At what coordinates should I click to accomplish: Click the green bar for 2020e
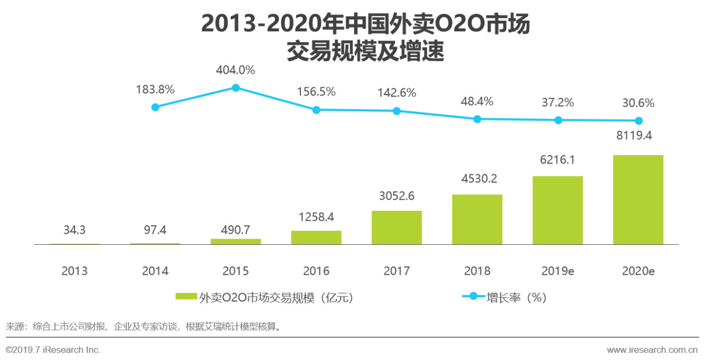[x=638, y=200]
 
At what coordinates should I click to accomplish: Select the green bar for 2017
[x=397, y=228]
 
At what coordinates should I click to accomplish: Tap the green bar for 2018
[x=477, y=219]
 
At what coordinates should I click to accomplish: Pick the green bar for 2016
[x=316, y=238]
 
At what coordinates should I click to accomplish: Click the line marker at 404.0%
[x=236, y=88]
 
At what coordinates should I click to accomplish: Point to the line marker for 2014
[x=155, y=107]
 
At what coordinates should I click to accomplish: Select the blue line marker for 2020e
[x=639, y=121]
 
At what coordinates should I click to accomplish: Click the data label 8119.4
[x=638, y=135]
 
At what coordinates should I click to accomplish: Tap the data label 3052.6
[x=397, y=196]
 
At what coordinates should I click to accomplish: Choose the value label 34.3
[x=75, y=230]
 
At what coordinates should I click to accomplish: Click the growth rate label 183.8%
[x=155, y=89]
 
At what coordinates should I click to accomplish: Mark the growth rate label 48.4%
[x=477, y=102]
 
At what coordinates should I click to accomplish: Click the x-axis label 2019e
[x=558, y=272]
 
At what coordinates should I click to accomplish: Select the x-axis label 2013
[x=75, y=272]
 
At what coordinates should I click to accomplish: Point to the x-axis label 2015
[x=236, y=272]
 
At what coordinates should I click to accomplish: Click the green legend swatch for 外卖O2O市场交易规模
[x=186, y=297]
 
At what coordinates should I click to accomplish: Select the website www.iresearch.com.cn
[x=652, y=350]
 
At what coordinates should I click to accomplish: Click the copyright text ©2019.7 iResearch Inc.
[x=53, y=350]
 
